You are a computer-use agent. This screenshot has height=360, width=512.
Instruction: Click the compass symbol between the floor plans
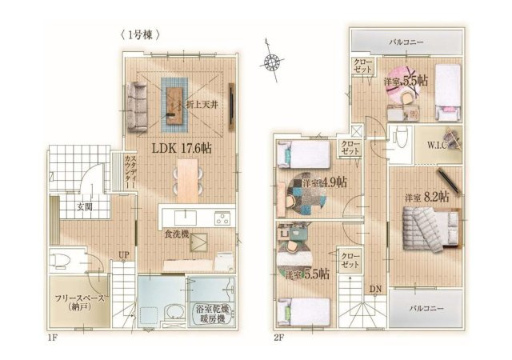click(273, 61)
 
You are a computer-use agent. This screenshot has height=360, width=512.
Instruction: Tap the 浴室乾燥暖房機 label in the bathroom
click(212, 313)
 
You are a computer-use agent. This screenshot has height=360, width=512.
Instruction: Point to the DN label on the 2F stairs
click(375, 288)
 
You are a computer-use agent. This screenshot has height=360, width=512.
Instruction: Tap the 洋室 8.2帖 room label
click(426, 195)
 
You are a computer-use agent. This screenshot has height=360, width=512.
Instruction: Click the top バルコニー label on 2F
click(406, 41)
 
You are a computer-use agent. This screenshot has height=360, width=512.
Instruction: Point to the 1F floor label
click(51, 338)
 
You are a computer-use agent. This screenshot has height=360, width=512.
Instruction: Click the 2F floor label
click(279, 338)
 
